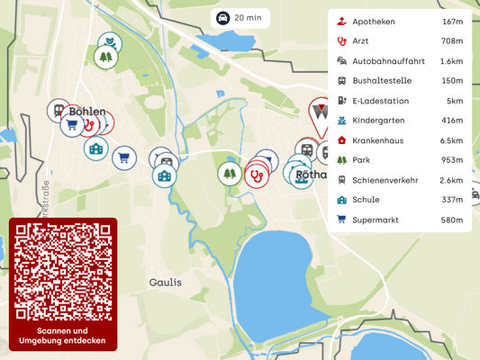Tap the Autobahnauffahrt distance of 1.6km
point(451,61)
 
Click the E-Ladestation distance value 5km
point(455,101)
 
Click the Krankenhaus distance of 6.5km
point(451,140)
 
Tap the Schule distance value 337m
point(451,200)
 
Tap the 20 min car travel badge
point(239,17)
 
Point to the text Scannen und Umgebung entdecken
point(62,336)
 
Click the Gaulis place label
point(165,282)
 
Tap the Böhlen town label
point(87,112)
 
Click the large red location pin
point(320,114)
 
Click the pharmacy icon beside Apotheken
point(341,22)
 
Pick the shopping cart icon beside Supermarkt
point(341,220)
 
